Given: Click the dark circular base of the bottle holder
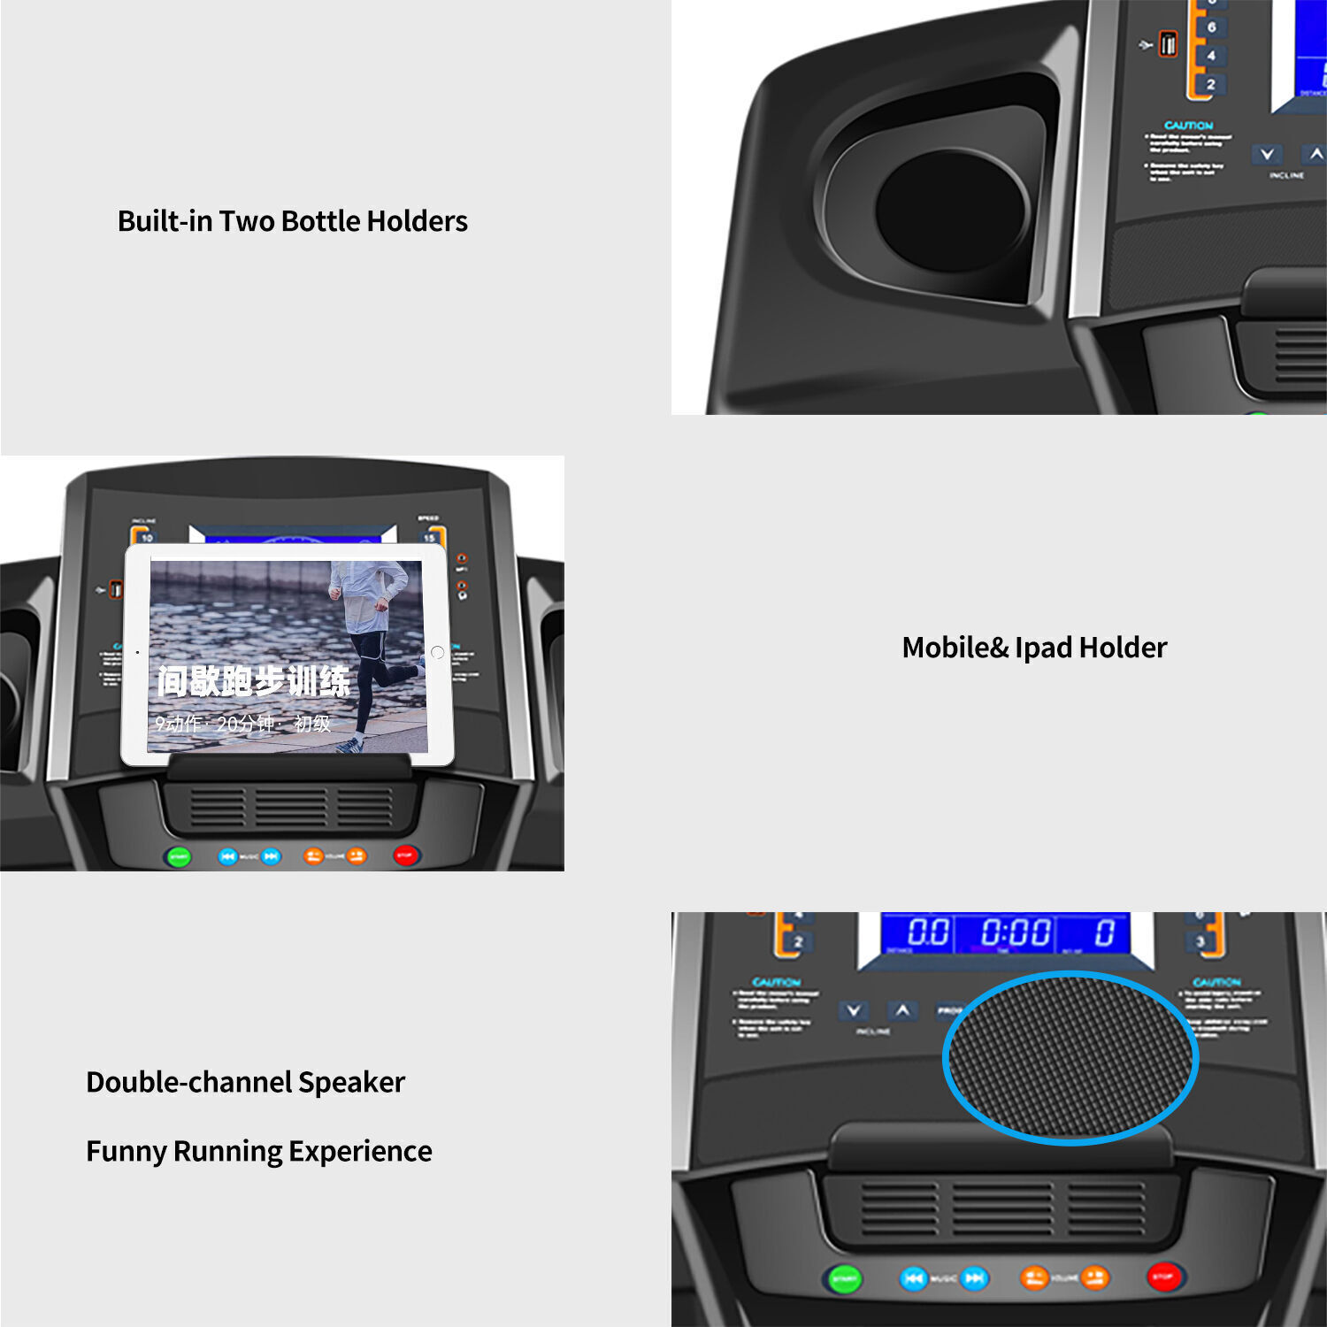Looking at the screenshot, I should tap(952, 211).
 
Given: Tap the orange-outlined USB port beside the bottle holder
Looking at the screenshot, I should tap(1169, 43).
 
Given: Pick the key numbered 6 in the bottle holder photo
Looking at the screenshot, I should tap(1211, 27).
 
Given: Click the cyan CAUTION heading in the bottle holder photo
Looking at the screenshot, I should tap(1188, 126).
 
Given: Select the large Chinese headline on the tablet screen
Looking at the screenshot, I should tap(254, 681).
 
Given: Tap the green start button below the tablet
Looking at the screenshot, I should tap(179, 856).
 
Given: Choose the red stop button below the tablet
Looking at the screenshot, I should tap(405, 855).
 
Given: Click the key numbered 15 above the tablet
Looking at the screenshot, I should tap(430, 537).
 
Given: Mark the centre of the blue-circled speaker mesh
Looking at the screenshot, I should tap(1070, 1057).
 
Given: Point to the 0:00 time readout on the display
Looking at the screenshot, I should tap(1016, 933).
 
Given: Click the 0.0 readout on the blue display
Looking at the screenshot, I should tap(928, 932).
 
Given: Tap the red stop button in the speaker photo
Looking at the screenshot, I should tap(1162, 1277).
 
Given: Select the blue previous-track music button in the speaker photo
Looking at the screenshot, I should tap(913, 1278).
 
